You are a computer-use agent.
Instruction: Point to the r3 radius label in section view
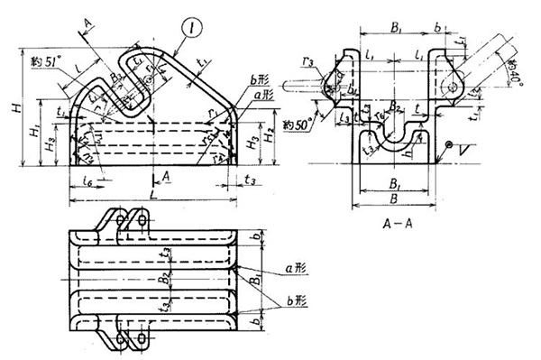point(333,62)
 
